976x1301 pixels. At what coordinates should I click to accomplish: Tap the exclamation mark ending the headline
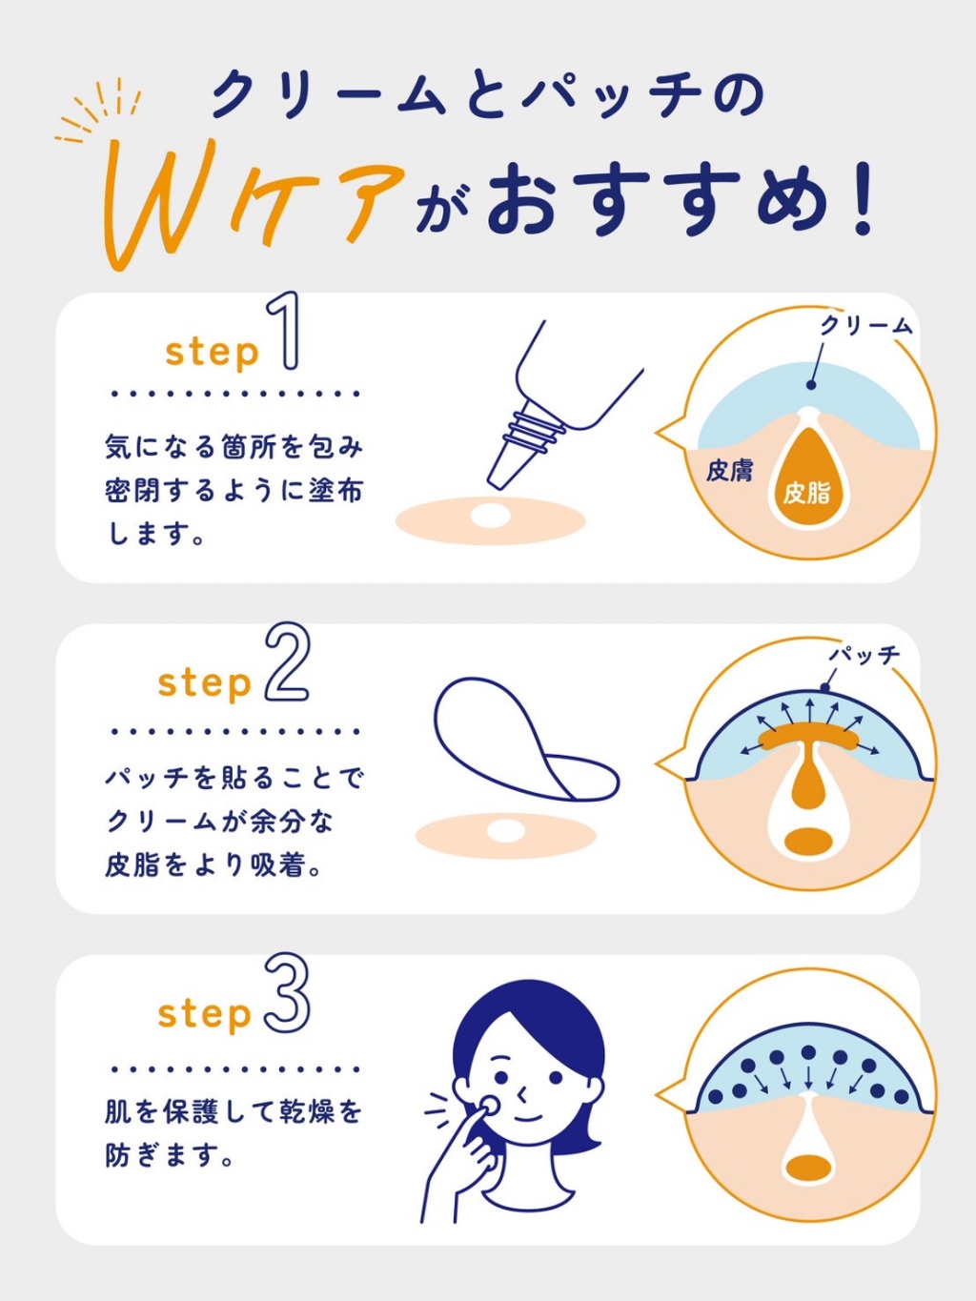[x=864, y=200]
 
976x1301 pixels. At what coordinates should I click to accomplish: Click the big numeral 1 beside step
[x=285, y=332]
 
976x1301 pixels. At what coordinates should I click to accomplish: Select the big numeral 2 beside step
[x=287, y=663]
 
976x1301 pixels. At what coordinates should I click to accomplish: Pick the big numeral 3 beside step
[x=287, y=993]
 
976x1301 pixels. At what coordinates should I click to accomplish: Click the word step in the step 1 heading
[x=212, y=352]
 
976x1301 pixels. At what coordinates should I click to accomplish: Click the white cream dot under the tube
[x=491, y=517]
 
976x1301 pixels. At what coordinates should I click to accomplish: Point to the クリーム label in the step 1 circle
[x=865, y=326]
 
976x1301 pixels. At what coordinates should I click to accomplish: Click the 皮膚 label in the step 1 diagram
[x=729, y=470]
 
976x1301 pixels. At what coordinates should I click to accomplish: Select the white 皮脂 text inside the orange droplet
[x=806, y=493]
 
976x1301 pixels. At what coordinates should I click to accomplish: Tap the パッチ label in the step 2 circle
[x=864, y=655]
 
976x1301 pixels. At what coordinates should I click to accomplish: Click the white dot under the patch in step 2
[x=505, y=831]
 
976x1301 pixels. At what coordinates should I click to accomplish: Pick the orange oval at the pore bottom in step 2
[x=809, y=842]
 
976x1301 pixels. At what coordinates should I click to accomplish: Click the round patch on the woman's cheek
[x=489, y=1104]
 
